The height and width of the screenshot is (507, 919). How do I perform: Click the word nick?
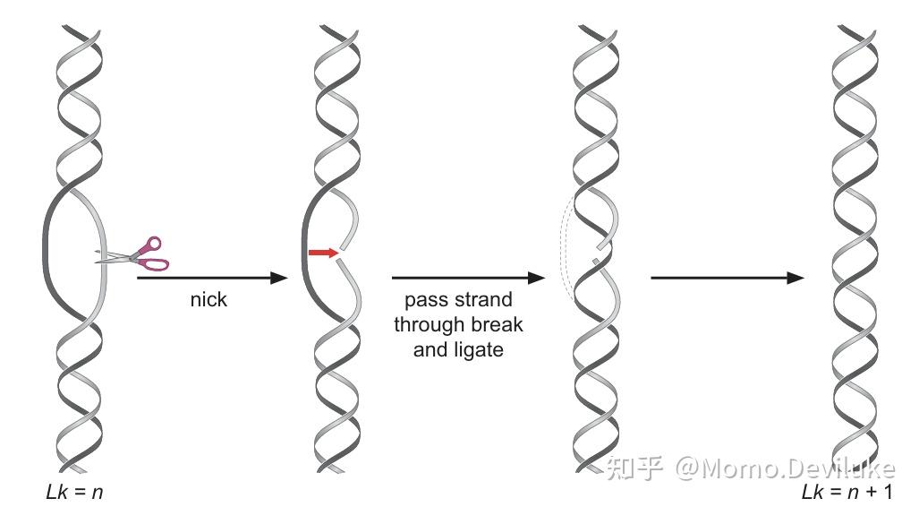point(208,299)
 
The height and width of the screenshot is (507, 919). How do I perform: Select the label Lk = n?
point(74,491)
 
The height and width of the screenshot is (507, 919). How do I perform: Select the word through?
point(431,324)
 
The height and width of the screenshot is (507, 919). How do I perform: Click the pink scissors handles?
point(154,253)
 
